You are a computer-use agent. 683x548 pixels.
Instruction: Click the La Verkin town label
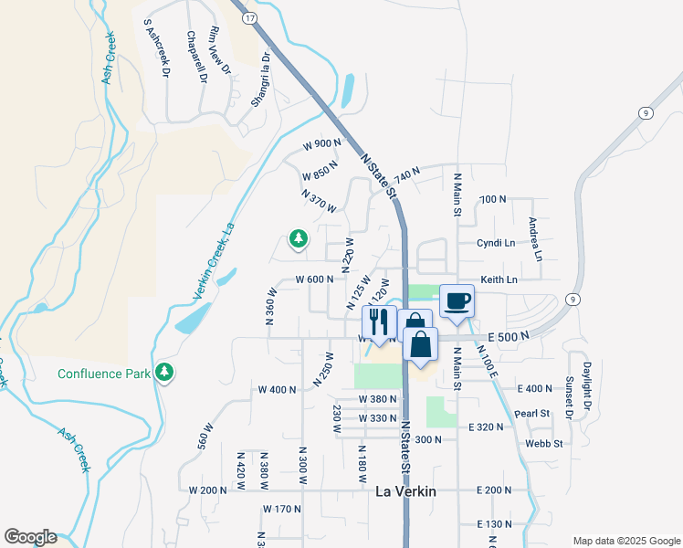pos(405,491)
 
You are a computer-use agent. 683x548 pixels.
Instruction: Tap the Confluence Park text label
pos(102,374)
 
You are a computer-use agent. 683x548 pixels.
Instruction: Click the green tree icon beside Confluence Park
pos(164,372)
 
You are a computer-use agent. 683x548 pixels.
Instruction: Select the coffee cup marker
pos(457,300)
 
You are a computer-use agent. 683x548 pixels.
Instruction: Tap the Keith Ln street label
pos(499,279)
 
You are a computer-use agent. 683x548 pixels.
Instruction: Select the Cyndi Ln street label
pos(496,243)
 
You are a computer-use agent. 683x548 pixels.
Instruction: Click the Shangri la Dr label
pos(262,79)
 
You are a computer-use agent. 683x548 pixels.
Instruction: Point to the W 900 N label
pos(321,144)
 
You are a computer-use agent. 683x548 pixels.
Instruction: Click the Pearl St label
pos(531,413)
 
